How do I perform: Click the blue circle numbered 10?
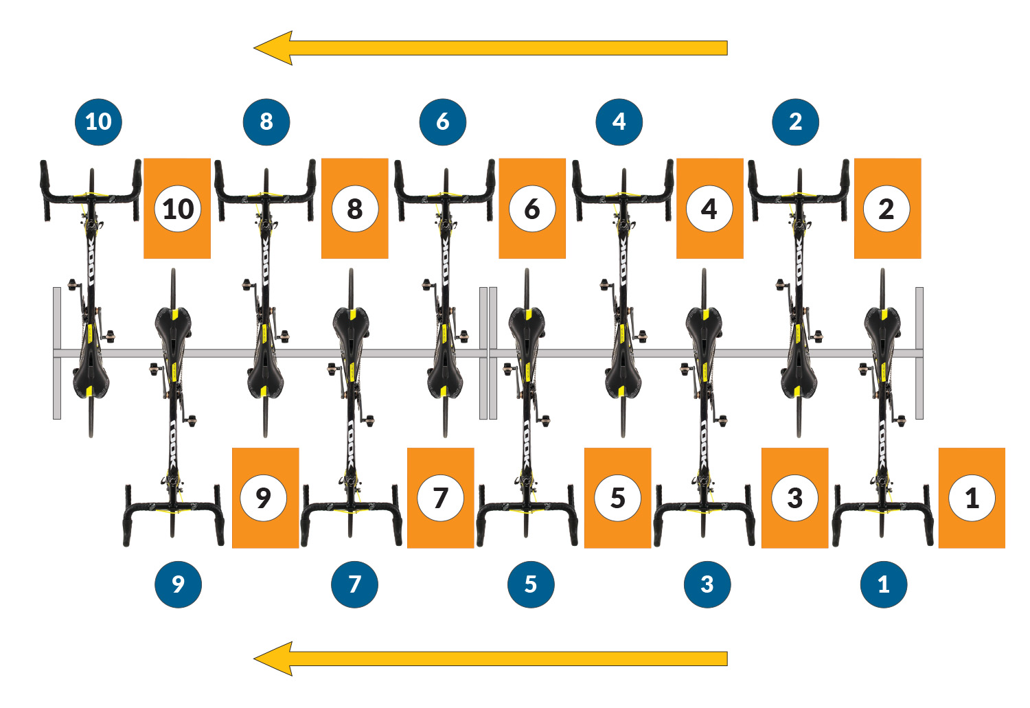point(98,122)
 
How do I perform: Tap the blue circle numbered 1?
point(883,584)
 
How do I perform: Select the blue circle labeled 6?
point(443,122)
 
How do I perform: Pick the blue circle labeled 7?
point(354,584)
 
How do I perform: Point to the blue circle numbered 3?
point(707,584)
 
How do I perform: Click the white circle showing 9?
point(263,498)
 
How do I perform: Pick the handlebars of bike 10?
point(91,196)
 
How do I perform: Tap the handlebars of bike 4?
point(623,196)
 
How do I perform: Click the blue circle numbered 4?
point(619,122)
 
